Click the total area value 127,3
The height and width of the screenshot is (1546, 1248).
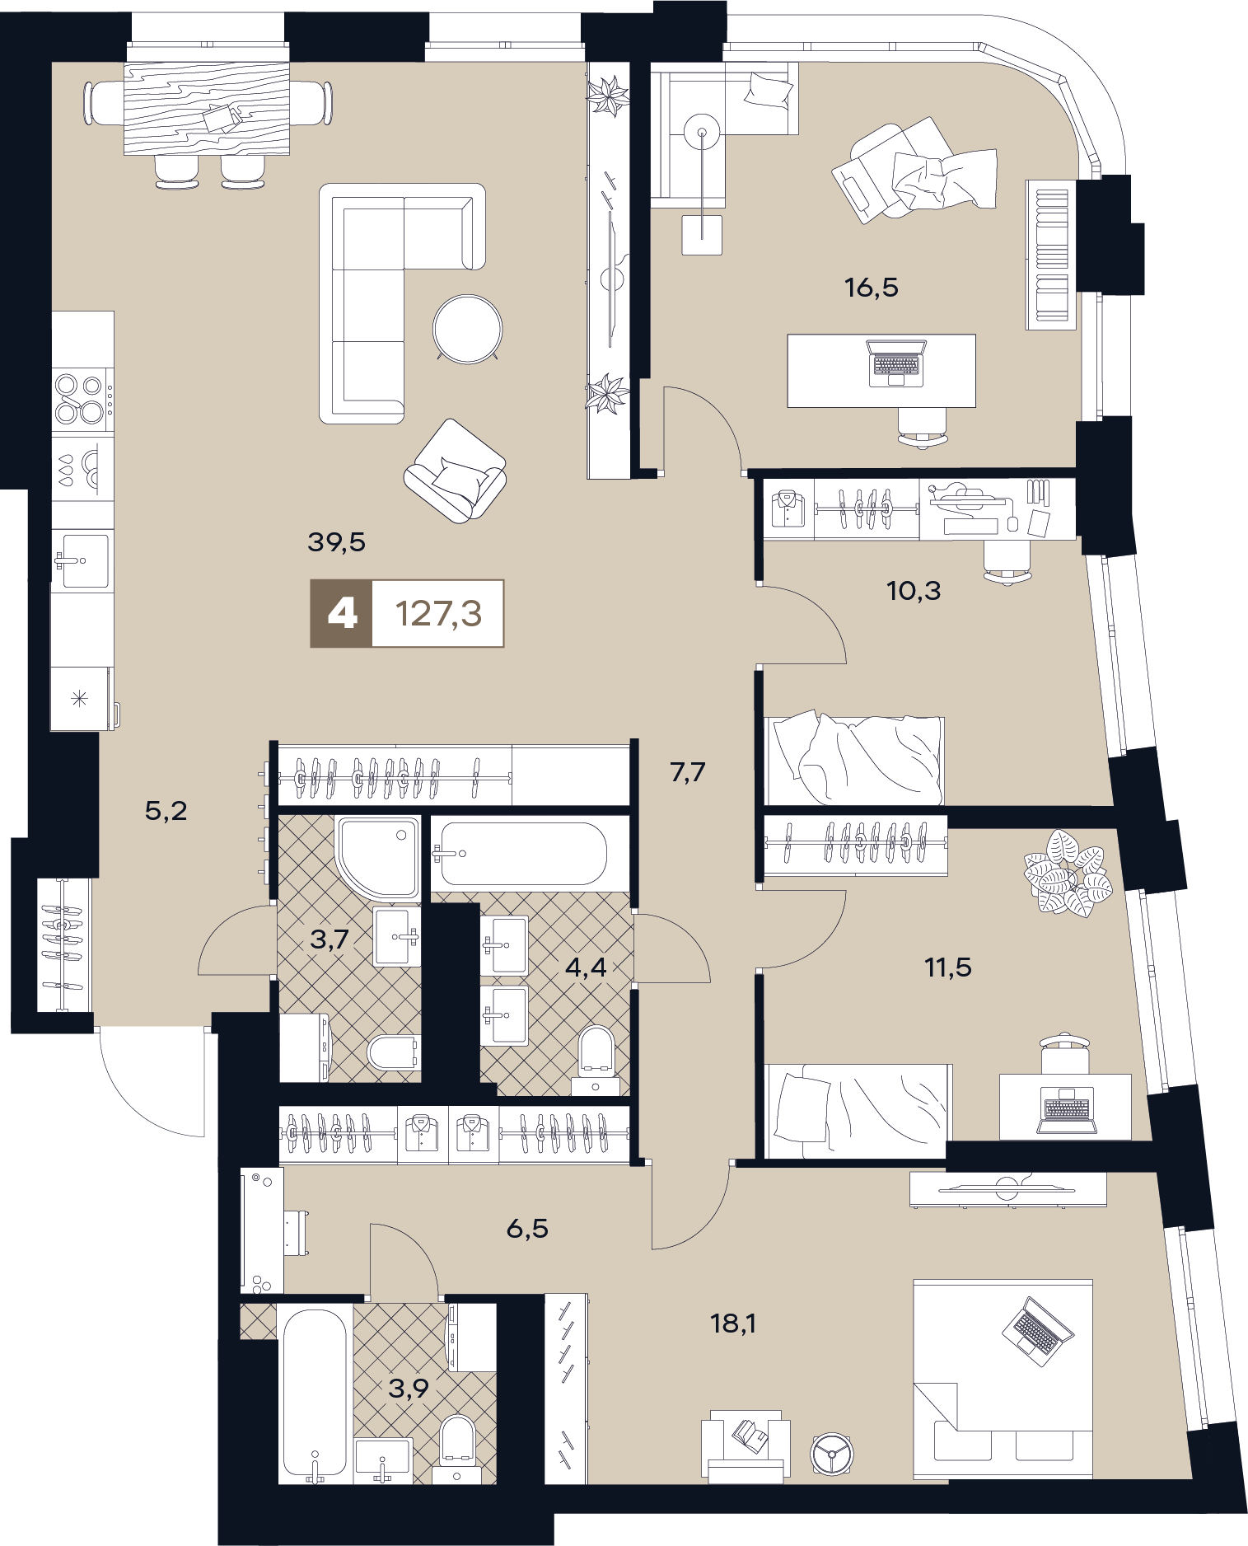point(438,614)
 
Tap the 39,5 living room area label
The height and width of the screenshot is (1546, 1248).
point(336,541)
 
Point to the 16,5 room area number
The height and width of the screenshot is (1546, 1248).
point(871,288)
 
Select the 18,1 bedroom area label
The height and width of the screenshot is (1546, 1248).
point(733,1323)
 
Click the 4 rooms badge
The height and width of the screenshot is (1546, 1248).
point(342,614)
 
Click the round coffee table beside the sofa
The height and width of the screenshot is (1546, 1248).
point(468,329)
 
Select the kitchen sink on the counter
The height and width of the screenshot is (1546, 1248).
point(83,561)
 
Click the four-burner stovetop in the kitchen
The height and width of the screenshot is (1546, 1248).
point(81,399)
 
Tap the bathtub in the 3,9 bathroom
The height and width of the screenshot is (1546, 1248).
point(315,1394)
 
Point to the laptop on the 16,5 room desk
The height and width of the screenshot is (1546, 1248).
point(896,363)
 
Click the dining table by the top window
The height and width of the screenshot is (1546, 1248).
point(207,108)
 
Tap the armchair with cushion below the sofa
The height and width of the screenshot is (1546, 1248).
point(455,471)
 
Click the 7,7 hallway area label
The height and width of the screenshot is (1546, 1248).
point(687,772)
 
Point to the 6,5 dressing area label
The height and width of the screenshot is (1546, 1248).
point(527,1229)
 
